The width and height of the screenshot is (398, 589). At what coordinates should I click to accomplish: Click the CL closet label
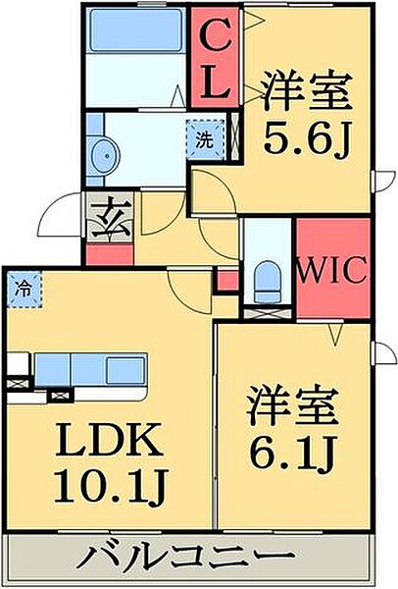click(217, 56)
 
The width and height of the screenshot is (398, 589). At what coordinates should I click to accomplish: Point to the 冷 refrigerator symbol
click(22, 289)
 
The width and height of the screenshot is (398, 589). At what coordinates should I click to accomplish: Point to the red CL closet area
click(217, 56)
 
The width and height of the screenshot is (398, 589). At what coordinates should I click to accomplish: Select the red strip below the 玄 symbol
click(109, 253)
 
